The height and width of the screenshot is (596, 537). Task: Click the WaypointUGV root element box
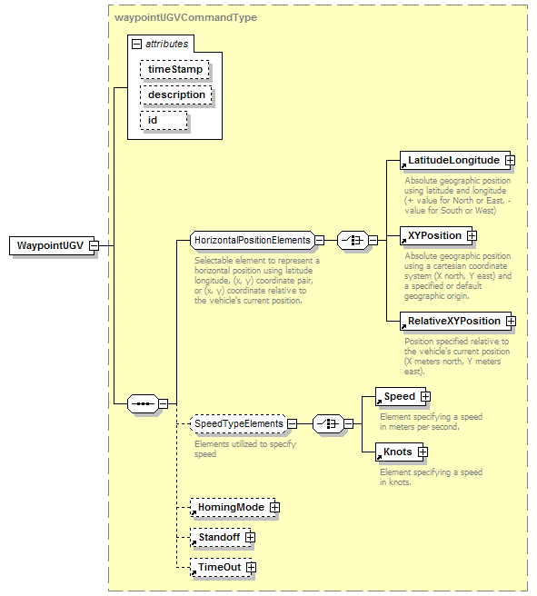(52, 245)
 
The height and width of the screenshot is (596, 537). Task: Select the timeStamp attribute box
(174, 70)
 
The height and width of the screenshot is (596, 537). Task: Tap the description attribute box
(176, 95)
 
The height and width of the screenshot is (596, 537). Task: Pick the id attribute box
(164, 121)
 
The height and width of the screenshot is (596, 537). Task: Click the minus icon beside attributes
(136, 45)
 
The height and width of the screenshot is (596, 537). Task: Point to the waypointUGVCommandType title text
(186, 17)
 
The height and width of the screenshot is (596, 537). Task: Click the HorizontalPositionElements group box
(253, 240)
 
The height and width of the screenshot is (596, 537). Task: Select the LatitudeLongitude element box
(455, 161)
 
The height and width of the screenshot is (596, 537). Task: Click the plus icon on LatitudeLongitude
(510, 161)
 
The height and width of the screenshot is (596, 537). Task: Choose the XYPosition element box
(436, 235)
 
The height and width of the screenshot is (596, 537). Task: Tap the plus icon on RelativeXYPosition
(512, 322)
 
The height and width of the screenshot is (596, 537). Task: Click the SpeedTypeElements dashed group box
(239, 423)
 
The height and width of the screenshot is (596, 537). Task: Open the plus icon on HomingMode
(274, 508)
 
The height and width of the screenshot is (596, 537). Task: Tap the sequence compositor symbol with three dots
(143, 403)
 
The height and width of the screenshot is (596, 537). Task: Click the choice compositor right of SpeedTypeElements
(328, 423)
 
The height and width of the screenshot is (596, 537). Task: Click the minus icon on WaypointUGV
(94, 245)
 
